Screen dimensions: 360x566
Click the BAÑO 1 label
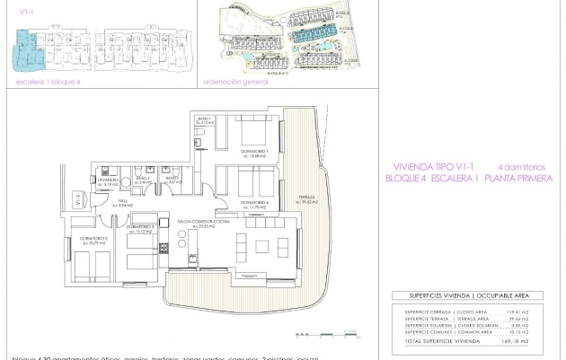click(x=205, y=119)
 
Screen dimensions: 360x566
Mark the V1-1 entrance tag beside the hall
click(x=80, y=203)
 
